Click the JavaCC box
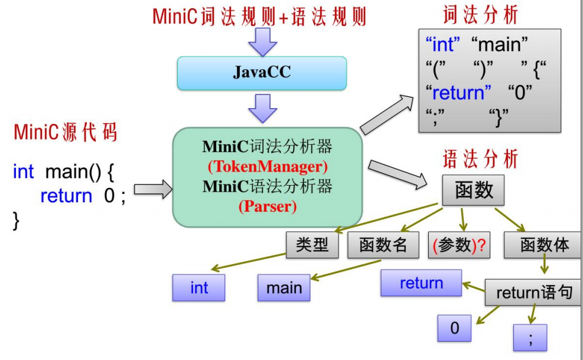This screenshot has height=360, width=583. [x=262, y=73]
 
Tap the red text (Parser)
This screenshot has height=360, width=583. [x=267, y=207]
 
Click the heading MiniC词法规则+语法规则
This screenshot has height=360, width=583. [x=259, y=16]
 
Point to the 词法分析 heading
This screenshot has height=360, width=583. [x=480, y=15]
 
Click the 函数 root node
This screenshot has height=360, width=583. [x=473, y=191]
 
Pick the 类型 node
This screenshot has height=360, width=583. [x=312, y=245]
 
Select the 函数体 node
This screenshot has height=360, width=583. [x=544, y=245]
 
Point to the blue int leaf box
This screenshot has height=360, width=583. [x=199, y=288]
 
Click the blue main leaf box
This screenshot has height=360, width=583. [x=284, y=288]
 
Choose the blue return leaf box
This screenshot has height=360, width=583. [x=421, y=283]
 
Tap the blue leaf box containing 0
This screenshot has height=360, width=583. [x=454, y=328]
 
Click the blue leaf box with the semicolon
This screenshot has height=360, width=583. [x=530, y=338]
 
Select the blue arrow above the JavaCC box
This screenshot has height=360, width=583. [x=262, y=40]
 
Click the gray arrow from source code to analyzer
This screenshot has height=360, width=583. [x=152, y=189]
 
